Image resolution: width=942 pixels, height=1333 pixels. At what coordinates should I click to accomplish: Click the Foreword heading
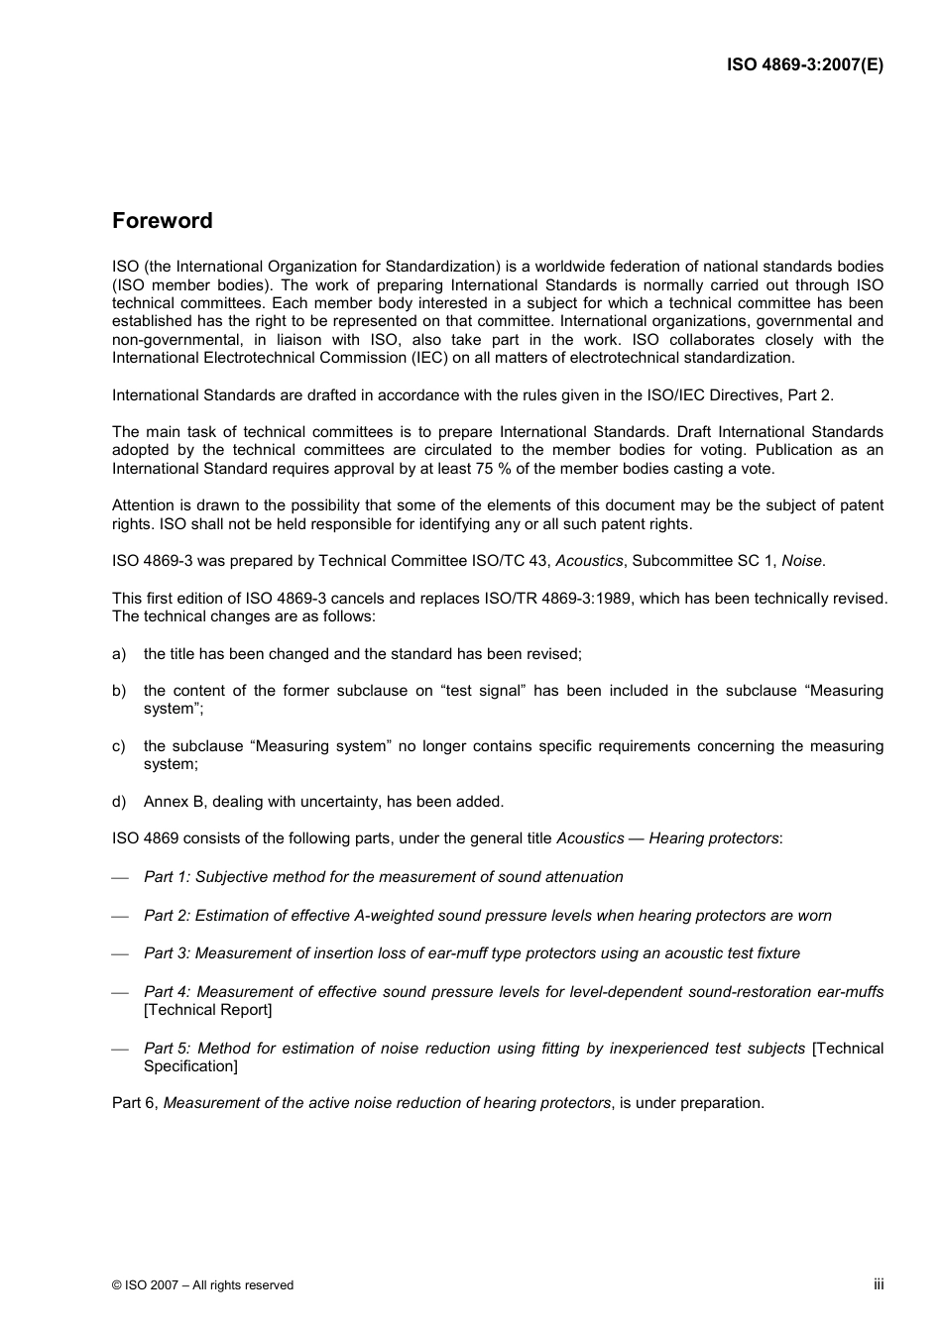(162, 221)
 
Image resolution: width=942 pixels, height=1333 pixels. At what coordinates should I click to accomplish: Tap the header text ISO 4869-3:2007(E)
(804, 64)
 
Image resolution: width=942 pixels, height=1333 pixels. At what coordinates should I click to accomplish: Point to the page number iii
(878, 1283)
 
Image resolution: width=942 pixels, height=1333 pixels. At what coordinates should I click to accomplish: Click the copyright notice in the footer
(202, 1285)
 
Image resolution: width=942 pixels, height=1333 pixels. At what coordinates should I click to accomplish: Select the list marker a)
(119, 654)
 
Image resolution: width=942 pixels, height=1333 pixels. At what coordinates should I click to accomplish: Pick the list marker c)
(119, 746)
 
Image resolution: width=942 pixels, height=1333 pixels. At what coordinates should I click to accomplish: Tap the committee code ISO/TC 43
(509, 561)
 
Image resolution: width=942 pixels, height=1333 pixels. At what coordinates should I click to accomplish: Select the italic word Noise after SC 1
(801, 561)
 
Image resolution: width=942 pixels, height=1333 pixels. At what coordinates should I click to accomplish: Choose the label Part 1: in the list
(167, 877)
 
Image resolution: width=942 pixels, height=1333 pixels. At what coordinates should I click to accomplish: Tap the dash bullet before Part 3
(120, 954)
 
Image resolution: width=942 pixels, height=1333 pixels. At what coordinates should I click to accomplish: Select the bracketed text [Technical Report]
(207, 1010)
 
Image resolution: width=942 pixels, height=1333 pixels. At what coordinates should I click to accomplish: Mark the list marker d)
(119, 802)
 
